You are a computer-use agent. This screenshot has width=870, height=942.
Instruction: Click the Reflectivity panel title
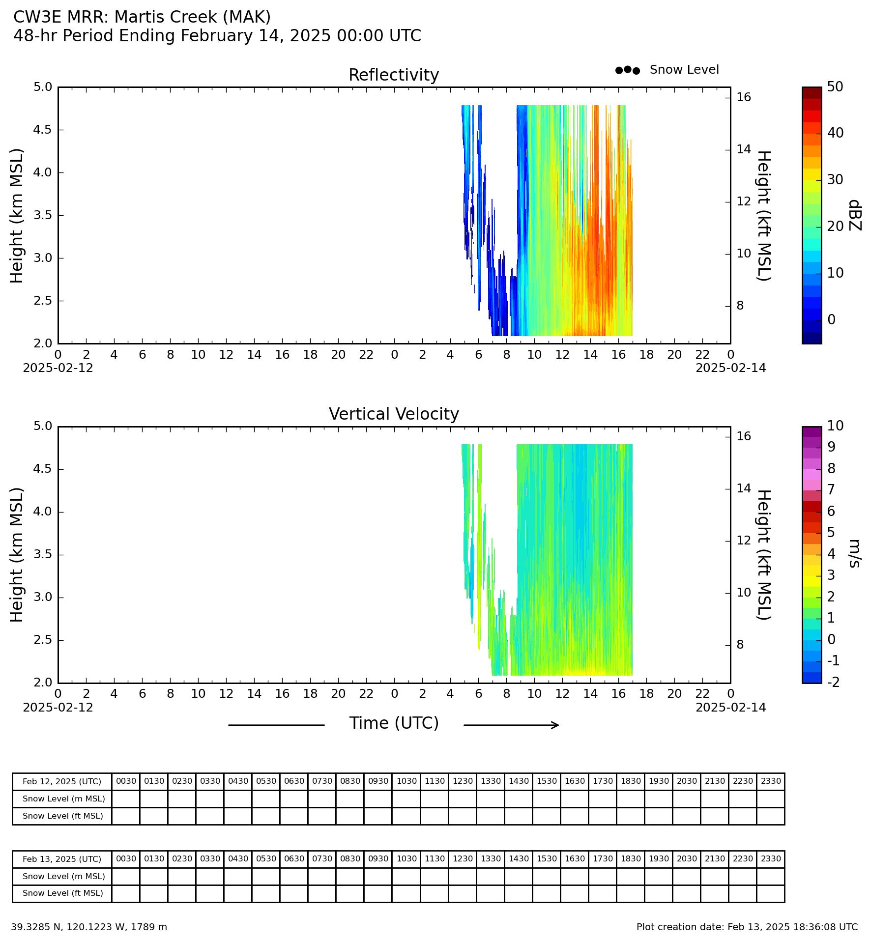tap(394, 75)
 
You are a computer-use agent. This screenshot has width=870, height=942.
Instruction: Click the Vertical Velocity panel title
tap(394, 414)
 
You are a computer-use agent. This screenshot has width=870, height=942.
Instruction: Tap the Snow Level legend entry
tap(667, 70)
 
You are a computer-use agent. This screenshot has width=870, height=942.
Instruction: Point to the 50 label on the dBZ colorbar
tap(835, 87)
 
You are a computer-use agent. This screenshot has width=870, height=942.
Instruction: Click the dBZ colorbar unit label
tap(855, 215)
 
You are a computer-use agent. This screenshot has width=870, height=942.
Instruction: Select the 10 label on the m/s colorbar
tap(835, 426)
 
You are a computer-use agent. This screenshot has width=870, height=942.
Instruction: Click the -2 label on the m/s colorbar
tap(834, 682)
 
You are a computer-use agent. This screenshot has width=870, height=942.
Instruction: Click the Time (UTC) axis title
tap(394, 723)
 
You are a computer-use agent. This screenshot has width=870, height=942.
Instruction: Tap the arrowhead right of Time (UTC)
tap(555, 725)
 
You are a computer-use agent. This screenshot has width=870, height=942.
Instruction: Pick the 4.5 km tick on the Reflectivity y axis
tap(43, 130)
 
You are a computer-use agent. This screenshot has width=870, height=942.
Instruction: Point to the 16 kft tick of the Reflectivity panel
tap(744, 97)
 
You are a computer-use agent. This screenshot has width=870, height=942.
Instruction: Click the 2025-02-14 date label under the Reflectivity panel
tap(730, 368)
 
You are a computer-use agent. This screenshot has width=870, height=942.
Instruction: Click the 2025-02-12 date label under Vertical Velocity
tap(58, 708)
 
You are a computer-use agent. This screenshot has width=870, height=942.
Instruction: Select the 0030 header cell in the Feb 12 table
tap(126, 781)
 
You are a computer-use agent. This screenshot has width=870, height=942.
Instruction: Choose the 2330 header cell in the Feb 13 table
tap(771, 859)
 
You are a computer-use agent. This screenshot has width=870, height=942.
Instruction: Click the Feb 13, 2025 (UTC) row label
tap(62, 859)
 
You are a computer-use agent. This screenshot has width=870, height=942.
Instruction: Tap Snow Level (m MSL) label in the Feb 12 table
tap(64, 799)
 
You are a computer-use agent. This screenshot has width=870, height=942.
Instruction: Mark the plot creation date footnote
tap(747, 927)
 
